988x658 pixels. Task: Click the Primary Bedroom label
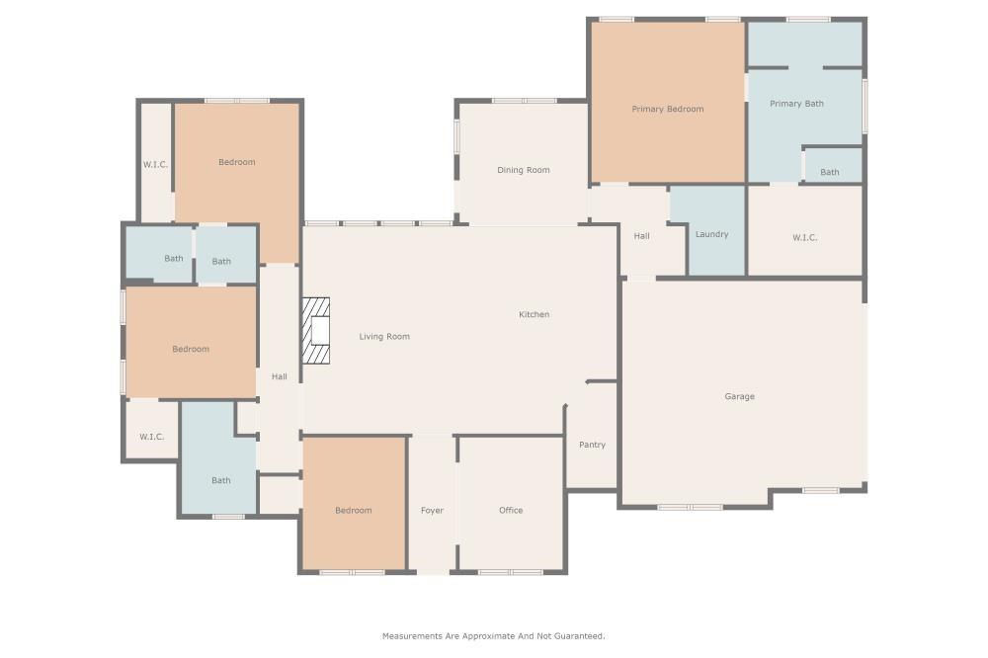tap(668, 109)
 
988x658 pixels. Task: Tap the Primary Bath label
tap(796, 104)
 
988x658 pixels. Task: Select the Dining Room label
tap(523, 170)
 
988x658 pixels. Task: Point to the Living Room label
tap(383, 337)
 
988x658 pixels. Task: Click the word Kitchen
tap(534, 314)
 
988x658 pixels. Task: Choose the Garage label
tap(739, 396)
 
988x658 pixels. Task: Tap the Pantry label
tap(592, 445)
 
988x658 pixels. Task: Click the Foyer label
tap(432, 511)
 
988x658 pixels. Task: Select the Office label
tap(511, 511)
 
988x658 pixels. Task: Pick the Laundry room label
tap(711, 234)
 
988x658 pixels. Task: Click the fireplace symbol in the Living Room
tap(317, 331)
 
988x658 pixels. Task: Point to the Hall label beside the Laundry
tap(641, 236)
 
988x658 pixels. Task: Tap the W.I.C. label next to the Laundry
tap(804, 237)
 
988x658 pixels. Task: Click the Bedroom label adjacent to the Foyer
tap(353, 511)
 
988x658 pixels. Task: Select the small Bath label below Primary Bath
tap(830, 172)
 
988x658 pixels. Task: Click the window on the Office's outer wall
tap(511, 572)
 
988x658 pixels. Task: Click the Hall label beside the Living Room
tap(279, 376)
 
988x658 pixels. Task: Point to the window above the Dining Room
tap(524, 101)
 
